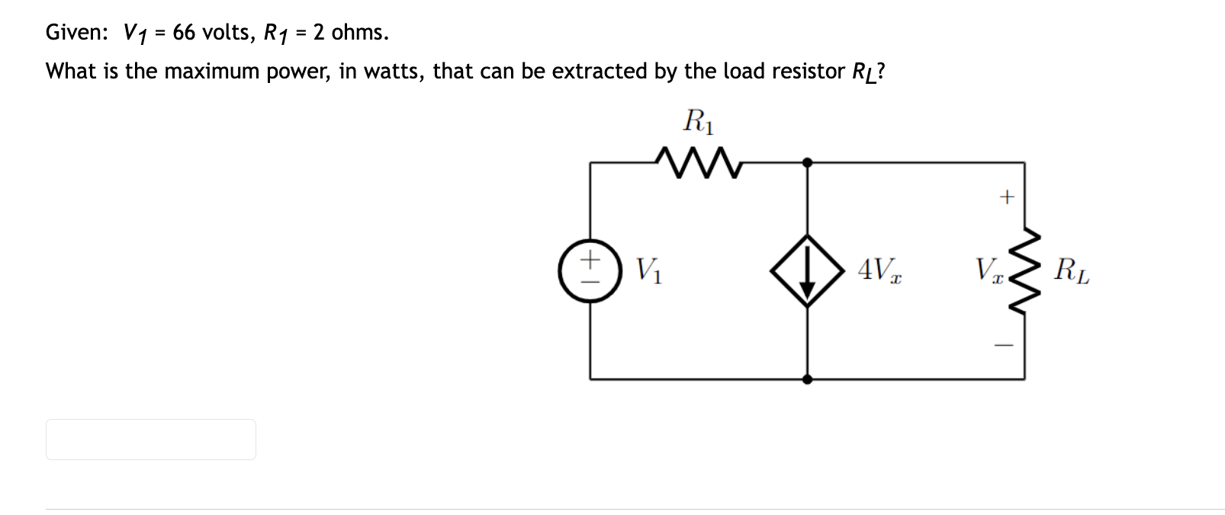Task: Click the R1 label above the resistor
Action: tap(699, 122)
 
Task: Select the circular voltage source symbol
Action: tap(589, 271)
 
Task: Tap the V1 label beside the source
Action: tap(649, 270)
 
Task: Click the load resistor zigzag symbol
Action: tap(1023, 270)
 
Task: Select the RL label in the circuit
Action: tap(1072, 270)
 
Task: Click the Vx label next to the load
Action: tap(987, 270)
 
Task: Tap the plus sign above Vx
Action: tap(1007, 197)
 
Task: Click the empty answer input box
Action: tap(151, 440)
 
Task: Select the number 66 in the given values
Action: tap(184, 32)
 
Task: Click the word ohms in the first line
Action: tap(358, 32)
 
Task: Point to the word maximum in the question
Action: tap(211, 72)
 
